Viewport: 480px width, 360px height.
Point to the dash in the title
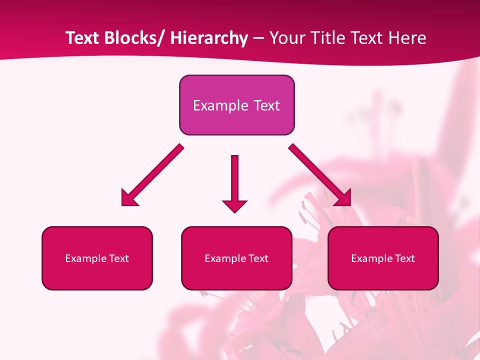(258, 38)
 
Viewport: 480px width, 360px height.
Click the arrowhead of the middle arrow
(234, 205)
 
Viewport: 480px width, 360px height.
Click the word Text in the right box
(405, 258)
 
